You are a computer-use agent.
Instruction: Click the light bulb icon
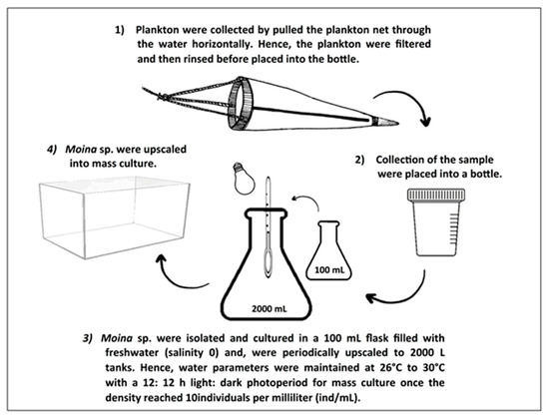click(244, 179)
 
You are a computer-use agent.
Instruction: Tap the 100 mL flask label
click(329, 270)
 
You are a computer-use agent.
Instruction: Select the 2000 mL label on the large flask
click(269, 309)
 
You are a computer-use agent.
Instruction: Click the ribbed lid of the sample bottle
click(436, 195)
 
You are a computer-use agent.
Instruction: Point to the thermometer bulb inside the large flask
click(269, 260)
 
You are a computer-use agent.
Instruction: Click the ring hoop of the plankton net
click(241, 104)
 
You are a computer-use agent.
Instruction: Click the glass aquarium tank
click(115, 217)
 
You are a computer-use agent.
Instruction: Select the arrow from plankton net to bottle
click(409, 103)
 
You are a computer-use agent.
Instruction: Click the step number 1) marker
click(120, 30)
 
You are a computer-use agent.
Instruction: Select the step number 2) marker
click(359, 160)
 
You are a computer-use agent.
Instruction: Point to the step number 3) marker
click(88, 338)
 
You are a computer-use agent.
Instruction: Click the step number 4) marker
click(52, 150)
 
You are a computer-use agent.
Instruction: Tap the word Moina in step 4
click(81, 150)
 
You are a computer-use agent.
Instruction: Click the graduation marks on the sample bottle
click(454, 227)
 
